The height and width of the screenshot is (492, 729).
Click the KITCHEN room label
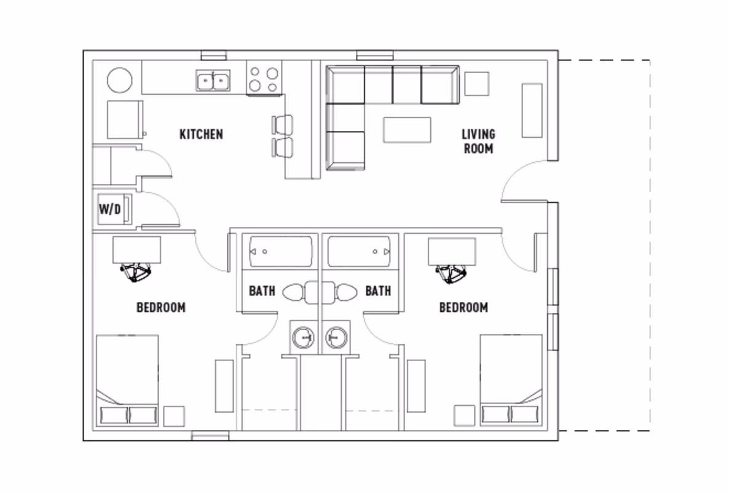point(201,133)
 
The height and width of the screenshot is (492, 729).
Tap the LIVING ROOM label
point(478,141)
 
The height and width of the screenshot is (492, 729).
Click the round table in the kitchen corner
point(120,81)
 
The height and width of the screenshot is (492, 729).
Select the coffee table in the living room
point(406,130)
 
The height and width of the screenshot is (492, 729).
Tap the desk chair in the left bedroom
point(136,272)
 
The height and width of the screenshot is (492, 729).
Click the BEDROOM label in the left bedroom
point(160,307)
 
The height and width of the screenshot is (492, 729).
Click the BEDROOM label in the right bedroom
point(463,307)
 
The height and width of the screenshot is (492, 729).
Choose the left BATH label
point(262,290)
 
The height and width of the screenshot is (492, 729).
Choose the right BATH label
point(378,290)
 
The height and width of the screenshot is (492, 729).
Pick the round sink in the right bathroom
point(336,337)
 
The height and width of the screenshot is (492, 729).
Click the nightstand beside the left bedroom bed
point(174,416)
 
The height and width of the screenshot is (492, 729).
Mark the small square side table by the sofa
point(476,84)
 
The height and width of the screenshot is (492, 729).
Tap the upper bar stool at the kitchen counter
point(283,125)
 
